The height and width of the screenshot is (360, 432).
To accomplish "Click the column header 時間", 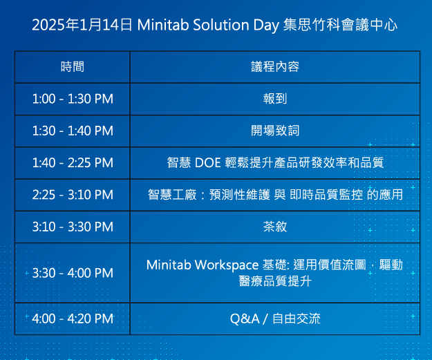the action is click(73, 66).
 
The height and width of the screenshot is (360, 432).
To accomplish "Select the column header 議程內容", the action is click(275, 66).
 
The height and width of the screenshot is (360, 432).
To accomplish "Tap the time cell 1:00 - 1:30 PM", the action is click(73, 99).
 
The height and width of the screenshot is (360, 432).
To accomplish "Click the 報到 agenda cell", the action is click(275, 99).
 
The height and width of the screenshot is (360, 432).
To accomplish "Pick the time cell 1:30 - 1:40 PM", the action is click(73, 131).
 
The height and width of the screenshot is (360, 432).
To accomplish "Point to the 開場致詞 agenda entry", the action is click(275, 131).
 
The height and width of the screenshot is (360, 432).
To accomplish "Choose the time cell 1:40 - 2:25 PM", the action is click(73, 163).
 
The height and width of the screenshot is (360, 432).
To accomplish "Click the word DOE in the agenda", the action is click(208, 163).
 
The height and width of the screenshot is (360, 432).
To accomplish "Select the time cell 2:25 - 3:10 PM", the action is click(73, 195).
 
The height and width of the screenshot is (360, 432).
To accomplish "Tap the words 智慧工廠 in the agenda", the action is click(172, 195).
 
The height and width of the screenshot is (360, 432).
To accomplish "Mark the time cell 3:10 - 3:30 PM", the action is click(73, 227).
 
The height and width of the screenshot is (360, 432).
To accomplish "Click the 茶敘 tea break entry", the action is click(275, 227).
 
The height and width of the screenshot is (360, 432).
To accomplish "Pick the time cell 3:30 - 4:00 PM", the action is click(73, 273).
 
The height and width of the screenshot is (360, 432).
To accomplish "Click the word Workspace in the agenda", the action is click(227, 265).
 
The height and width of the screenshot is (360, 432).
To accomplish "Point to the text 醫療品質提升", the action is click(275, 281).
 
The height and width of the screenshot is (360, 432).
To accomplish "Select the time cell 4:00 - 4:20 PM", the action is click(73, 319).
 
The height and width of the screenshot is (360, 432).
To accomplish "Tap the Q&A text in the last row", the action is click(245, 319).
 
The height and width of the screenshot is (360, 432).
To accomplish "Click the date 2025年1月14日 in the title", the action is click(82, 25).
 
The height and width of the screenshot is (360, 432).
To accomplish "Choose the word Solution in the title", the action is click(221, 25).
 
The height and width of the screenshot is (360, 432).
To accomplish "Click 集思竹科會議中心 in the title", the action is click(340, 25).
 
